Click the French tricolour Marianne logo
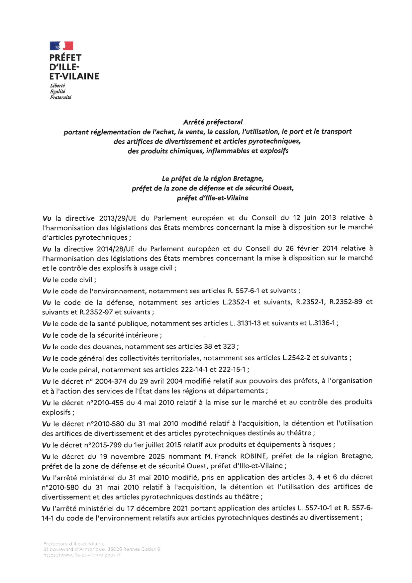(x=61, y=46)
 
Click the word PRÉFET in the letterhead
(x=65, y=58)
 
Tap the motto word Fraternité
(x=60, y=97)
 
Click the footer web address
(x=82, y=555)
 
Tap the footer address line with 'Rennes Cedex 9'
(x=102, y=549)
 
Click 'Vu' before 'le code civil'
(x=47, y=280)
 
